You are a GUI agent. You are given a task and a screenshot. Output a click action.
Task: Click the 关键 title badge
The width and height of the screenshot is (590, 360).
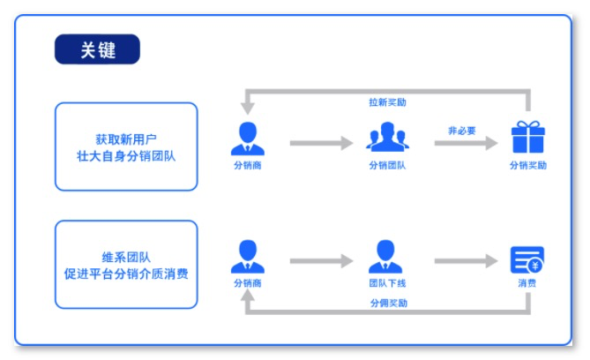coord(97,50)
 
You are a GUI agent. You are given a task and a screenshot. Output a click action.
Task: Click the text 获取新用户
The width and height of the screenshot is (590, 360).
coord(125,139)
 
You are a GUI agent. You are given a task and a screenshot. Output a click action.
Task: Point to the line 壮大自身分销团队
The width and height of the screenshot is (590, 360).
coord(125,156)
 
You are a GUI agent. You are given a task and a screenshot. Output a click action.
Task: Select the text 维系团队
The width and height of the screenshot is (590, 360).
coord(125,256)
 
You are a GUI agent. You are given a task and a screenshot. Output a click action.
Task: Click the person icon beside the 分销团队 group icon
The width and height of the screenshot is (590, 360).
coord(247,138)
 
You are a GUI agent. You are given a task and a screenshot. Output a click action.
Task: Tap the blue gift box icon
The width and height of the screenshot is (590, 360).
coord(528,138)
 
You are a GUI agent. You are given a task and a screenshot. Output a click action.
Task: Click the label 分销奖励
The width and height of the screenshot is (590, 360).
coord(528,165)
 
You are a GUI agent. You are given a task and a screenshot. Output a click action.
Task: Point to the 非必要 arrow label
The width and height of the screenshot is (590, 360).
coord(461,131)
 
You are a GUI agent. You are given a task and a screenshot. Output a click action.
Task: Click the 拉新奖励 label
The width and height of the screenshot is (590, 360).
coord(387,102)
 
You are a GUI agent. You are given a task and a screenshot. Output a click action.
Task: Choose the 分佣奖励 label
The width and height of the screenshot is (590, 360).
coord(388,303)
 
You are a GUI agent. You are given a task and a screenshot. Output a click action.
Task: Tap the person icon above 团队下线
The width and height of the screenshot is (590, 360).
coord(385,257)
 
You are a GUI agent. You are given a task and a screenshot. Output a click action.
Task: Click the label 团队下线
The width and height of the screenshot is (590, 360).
coord(386,283)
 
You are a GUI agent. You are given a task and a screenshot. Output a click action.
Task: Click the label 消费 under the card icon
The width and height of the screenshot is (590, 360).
coord(527,283)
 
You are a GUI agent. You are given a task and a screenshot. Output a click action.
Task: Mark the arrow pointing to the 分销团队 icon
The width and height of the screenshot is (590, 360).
coord(321,143)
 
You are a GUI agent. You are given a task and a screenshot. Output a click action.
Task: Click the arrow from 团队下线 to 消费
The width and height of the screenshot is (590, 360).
coord(466,261)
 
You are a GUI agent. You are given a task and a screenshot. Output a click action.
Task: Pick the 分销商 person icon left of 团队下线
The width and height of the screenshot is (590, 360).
coord(247,257)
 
